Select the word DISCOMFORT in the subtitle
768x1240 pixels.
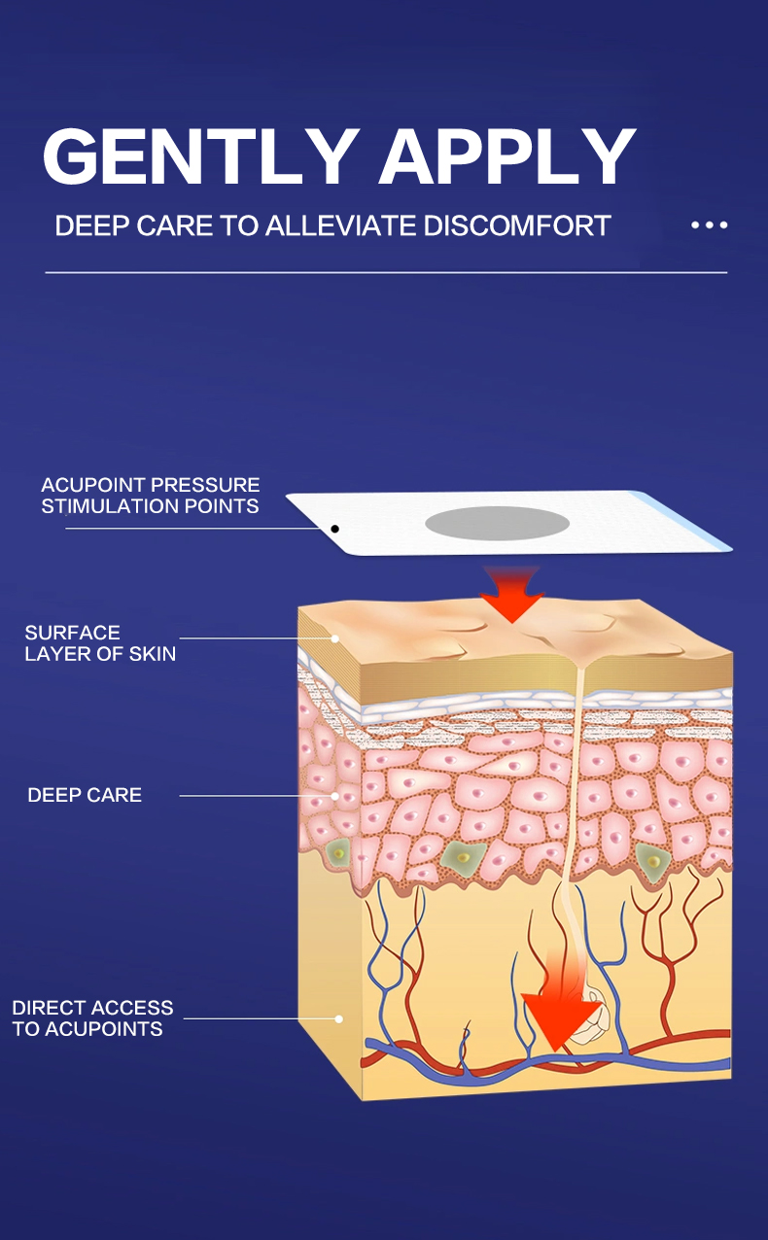[x=517, y=226]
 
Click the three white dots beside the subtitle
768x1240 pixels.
[x=709, y=225]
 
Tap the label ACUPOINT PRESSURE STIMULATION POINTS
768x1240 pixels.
[x=151, y=496]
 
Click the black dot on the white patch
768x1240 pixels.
[x=334, y=529]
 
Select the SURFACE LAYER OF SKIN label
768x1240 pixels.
[x=100, y=643]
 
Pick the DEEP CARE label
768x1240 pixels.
[x=85, y=795]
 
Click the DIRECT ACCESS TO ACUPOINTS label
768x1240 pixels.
[x=92, y=1018]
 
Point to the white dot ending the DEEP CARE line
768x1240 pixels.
[x=335, y=796]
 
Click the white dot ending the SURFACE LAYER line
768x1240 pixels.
[x=335, y=638]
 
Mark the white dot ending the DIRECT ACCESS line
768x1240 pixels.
[x=339, y=1019]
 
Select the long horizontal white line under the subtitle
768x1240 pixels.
[x=386, y=273]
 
